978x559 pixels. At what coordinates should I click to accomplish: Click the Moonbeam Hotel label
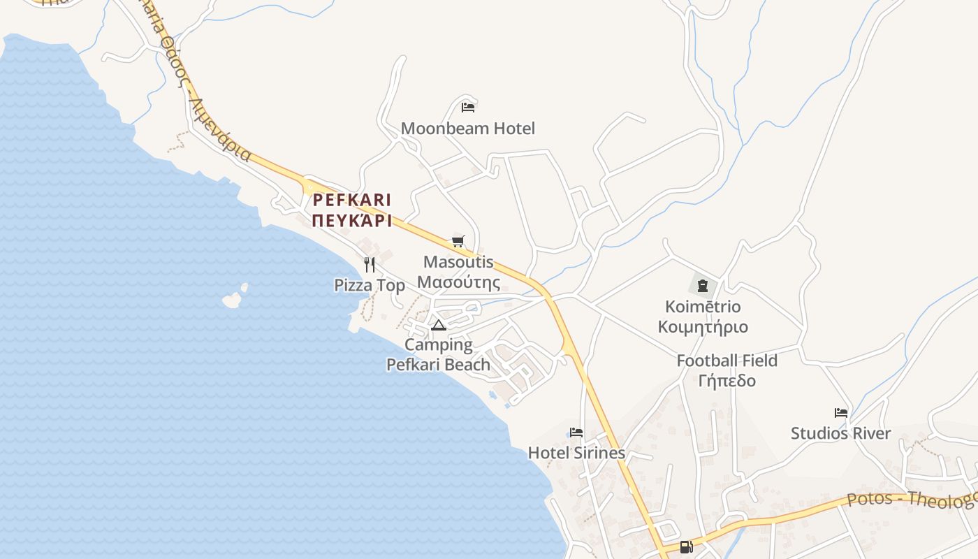click(x=467, y=129)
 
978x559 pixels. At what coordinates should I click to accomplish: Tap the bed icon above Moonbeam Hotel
click(x=468, y=107)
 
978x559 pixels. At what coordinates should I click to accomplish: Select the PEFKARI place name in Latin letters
click(x=352, y=201)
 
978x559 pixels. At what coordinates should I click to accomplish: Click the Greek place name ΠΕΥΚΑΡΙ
click(x=352, y=222)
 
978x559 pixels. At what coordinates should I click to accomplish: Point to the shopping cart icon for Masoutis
click(x=458, y=241)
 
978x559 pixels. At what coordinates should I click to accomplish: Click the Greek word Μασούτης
click(x=458, y=283)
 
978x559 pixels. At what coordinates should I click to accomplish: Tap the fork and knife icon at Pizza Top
click(x=370, y=264)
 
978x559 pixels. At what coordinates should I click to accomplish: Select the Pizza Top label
click(x=370, y=285)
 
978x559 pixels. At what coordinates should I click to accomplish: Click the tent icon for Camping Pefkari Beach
click(x=438, y=324)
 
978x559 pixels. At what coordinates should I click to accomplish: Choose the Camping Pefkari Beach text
click(x=439, y=354)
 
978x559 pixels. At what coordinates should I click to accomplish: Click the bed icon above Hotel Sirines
click(x=576, y=432)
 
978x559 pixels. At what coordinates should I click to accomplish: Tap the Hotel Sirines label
click(x=576, y=453)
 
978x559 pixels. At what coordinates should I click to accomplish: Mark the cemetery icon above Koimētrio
click(x=702, y=285)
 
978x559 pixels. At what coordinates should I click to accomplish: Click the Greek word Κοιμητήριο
click(x=703, y=327)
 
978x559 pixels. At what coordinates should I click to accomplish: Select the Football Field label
click(x=727, y=361)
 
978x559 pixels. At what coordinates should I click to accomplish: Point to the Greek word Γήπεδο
click(x=727, y=381)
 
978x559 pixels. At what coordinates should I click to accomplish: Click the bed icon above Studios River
click(x=841, y=412)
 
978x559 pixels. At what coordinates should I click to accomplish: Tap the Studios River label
click(x=841, y=433)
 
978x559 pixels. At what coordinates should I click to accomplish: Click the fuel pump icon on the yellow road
click(x=685, y=546)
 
